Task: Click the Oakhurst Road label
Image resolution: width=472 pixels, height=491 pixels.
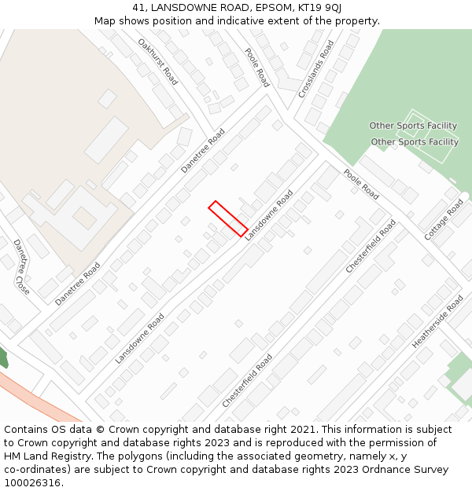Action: coord(157,62)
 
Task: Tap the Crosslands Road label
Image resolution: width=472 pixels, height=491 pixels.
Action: coord(315,69)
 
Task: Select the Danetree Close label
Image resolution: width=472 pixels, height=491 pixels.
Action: coord(21,267)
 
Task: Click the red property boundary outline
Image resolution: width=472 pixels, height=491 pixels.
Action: coord(228,218)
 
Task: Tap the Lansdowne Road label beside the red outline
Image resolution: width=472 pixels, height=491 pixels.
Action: coord(268,215)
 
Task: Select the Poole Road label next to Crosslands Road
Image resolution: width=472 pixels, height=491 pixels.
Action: coord(256,68)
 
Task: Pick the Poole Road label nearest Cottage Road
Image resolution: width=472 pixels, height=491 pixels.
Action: coord(360,185)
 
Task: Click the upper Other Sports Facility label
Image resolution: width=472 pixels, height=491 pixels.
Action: coord(413,126)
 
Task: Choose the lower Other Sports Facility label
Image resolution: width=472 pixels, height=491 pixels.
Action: coord(415,142)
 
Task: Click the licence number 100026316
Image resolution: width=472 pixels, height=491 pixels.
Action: coord(34,483)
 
